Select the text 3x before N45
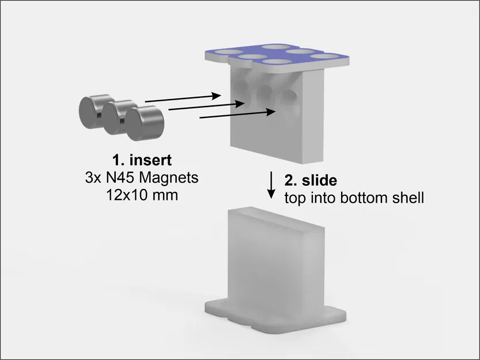(x=93, y=177)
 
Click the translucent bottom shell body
(x=277, y=253)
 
